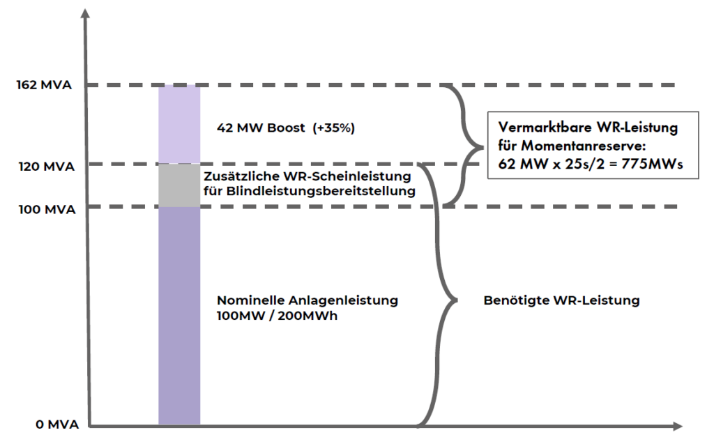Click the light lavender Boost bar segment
click(179, 124)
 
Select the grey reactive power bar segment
click(179, 185)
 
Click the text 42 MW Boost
click(261, 128)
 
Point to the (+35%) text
click(333, 128)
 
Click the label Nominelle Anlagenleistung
click(307, 300)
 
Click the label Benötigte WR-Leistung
click(561, 301)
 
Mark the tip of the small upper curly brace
click(481, 146)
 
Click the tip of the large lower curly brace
click(456, 300)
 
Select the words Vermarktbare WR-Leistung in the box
click(588, 129)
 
